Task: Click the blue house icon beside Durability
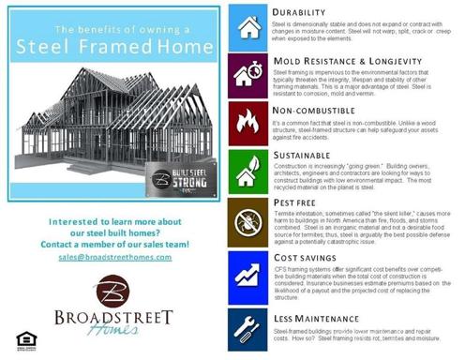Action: (x=248, y=26)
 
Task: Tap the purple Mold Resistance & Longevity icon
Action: (x=248, y=74)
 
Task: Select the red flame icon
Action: (x=248, y=123)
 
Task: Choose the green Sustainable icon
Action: (x=248, y=172)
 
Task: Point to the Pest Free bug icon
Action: (x=248, y=220)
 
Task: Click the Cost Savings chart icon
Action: (x=248, y=270)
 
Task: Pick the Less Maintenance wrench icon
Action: (x=248, y=320)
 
